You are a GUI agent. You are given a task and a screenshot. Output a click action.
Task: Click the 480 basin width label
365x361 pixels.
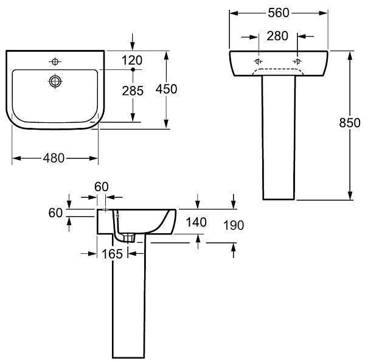pyautogui.click(x=54, y=158)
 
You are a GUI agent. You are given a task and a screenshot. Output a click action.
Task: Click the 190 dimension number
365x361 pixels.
pyautogui.click(x=234, y=225)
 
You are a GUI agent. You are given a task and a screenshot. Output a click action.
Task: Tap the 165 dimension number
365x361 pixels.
pyautogui.click(x=113, y=253)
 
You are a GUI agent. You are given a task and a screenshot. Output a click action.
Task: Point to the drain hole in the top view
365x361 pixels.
pyautogui.click(x=56, y=80)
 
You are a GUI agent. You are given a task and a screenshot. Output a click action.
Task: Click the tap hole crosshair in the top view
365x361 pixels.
pyautogui.click(x=55, y=61)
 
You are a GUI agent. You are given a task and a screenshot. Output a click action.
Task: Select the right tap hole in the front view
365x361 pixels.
pyautogui.click(x=297, y=62)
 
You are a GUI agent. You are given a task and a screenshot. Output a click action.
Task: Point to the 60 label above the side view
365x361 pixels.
pyautogui.click(x=102, y=186)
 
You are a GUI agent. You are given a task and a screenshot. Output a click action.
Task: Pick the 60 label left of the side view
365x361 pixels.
pyautogui.click(x=55, y=212)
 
